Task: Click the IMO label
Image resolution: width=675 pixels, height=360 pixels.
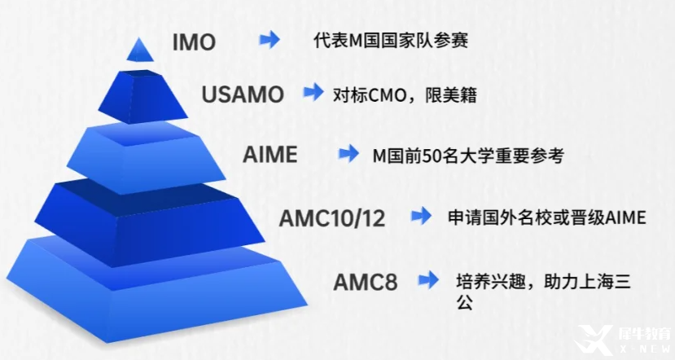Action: pos(194,42)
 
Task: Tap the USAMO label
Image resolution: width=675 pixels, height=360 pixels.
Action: pos(243,94)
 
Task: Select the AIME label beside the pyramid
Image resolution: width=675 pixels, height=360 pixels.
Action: pos(270,154)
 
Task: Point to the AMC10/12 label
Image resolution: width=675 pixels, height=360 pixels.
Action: pos(332,218)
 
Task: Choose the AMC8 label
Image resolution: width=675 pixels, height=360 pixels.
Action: pos(365,283)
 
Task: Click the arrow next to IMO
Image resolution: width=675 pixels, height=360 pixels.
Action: pos(270,40)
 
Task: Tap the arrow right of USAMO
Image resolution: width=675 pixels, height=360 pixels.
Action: pos(313,92)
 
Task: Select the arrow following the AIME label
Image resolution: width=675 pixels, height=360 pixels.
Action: pos(348,154)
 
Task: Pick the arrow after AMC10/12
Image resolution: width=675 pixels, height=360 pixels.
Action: pos(421,216)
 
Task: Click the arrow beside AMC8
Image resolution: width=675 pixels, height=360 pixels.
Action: pos(428,281)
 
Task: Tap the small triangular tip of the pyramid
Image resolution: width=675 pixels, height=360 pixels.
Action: pos(140,50)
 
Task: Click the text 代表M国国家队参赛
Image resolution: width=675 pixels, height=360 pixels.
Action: pos(391,41)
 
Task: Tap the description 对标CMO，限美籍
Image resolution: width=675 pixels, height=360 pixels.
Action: pos(405,95)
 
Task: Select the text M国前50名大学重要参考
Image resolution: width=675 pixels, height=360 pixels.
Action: pos(468,156)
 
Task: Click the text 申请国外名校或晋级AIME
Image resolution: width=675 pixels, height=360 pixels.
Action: pos(546,217)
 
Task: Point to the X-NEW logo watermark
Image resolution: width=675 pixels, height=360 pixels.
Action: pos(625,340)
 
